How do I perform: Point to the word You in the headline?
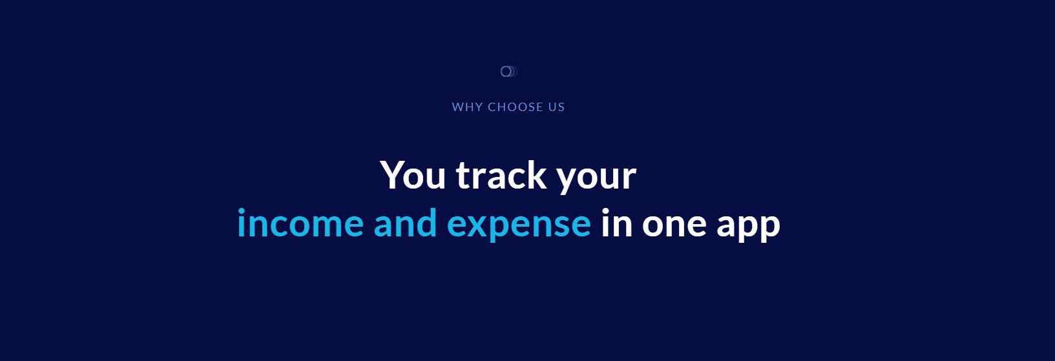[x=413, y=174]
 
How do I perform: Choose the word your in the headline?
[x=597, y=180]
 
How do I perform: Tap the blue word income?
[x=300, y=223]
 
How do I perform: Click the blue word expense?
[x=519, y=227]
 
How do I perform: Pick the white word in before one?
[x=616, y=223]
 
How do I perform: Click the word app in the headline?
[x=748, y=228]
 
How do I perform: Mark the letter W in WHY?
[x=457, y=107]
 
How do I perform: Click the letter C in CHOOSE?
[x=492, y=107]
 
